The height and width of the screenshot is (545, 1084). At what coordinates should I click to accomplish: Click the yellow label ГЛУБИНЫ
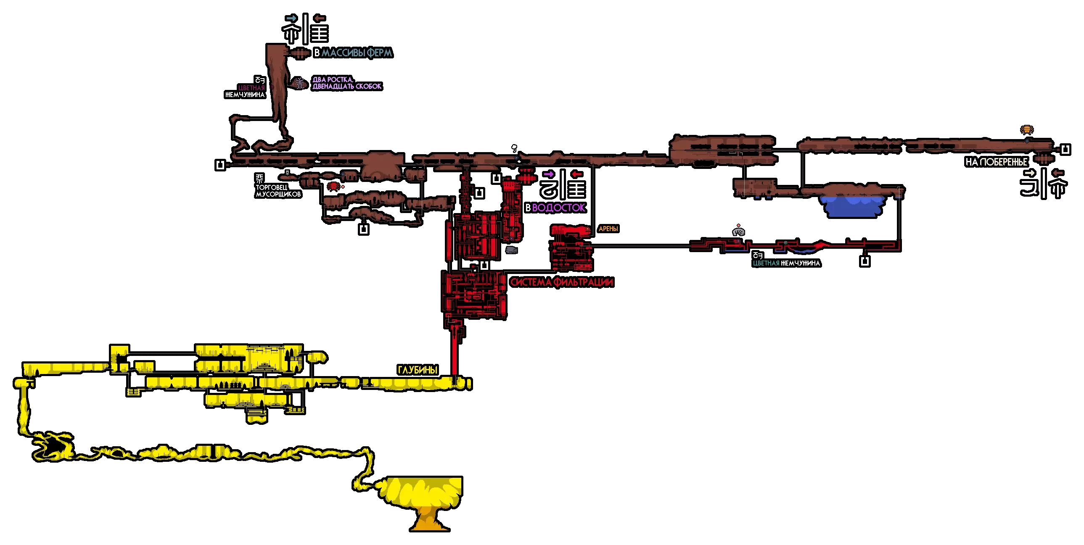418,370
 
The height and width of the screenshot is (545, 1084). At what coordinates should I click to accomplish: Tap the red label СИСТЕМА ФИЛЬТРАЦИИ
561,282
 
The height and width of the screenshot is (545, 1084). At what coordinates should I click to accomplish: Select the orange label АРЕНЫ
608,229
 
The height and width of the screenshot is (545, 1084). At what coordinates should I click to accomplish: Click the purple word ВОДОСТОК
558,208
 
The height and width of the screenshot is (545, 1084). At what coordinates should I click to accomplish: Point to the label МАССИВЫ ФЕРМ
357,53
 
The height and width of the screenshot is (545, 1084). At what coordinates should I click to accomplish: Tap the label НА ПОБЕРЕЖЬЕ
996,162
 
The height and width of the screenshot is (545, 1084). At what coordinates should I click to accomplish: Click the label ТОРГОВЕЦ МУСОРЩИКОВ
278,190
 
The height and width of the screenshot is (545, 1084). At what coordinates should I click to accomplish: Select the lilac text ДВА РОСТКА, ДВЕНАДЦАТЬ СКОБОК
347,83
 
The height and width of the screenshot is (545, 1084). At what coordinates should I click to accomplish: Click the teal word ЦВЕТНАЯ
766,263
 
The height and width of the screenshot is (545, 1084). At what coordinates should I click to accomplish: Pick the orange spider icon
1027,129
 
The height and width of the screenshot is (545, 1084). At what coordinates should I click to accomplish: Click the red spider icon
333,186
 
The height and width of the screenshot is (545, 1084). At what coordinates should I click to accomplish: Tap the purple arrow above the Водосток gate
548,174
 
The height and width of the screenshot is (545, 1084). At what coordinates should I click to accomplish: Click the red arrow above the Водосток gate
576,174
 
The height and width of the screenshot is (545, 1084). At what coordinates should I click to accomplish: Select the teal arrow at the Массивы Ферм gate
291,18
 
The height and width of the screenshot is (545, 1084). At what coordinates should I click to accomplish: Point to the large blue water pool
852,206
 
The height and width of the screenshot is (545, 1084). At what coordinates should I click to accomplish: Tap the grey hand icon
738,232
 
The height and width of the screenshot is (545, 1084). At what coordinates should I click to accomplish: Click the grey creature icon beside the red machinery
511,250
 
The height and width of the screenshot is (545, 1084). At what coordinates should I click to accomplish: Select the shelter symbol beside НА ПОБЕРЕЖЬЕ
1065,149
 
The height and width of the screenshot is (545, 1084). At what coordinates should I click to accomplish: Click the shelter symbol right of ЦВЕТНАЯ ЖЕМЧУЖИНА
865,261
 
